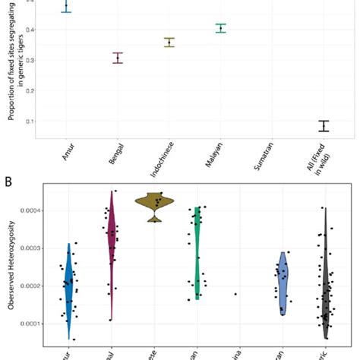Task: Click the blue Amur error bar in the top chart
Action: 66,6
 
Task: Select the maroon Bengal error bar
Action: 118,58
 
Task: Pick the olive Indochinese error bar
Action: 169,43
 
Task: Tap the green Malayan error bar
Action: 221,28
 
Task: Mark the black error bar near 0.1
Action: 324,126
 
